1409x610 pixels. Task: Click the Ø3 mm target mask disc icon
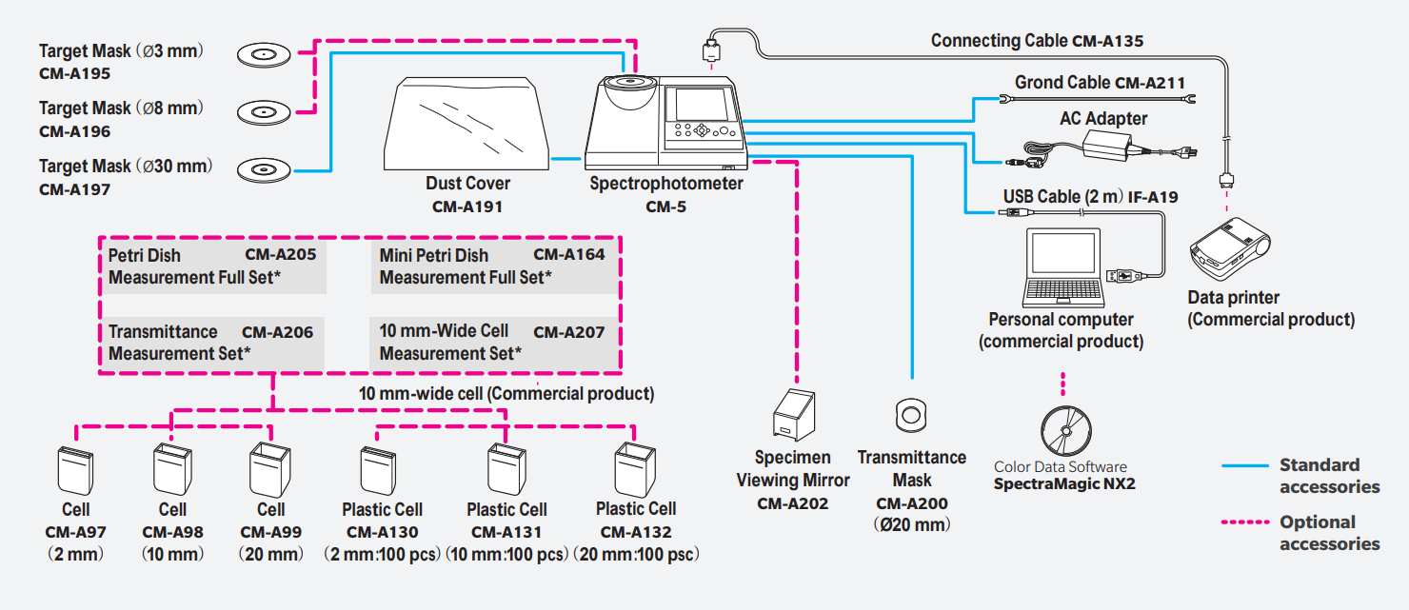click(x=264, y=54)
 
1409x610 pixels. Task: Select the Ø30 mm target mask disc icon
click(x=264, y=169)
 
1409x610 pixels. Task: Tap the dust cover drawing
click(x=466, y=124)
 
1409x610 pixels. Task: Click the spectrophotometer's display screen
click(x=702, y=104)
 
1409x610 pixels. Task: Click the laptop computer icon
click(x=1062, y=268)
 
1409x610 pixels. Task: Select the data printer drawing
click(x=1230, y=248)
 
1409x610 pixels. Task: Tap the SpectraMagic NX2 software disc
click(x=1065, y=431)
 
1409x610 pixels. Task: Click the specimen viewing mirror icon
click(x=794, y=414)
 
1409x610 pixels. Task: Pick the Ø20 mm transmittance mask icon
click(x=911, y=415)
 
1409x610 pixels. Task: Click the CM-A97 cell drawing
click(x=75, y=470)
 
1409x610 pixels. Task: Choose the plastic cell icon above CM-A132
click(x=635, y=469)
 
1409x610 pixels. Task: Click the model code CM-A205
click(x=281, y=254)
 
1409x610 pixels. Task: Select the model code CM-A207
click(x=568, y=332)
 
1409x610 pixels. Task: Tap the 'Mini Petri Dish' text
click(x=433, y=255)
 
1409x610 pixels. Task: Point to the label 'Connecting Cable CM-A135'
click(x=1037, y=41)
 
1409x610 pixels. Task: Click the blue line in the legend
click(x=1245, y=466)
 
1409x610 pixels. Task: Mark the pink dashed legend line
click(x=1245, y=522)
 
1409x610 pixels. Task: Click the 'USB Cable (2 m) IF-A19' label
click(x=1090, y=197)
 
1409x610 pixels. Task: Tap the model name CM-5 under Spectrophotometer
click(x=665, y=207)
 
